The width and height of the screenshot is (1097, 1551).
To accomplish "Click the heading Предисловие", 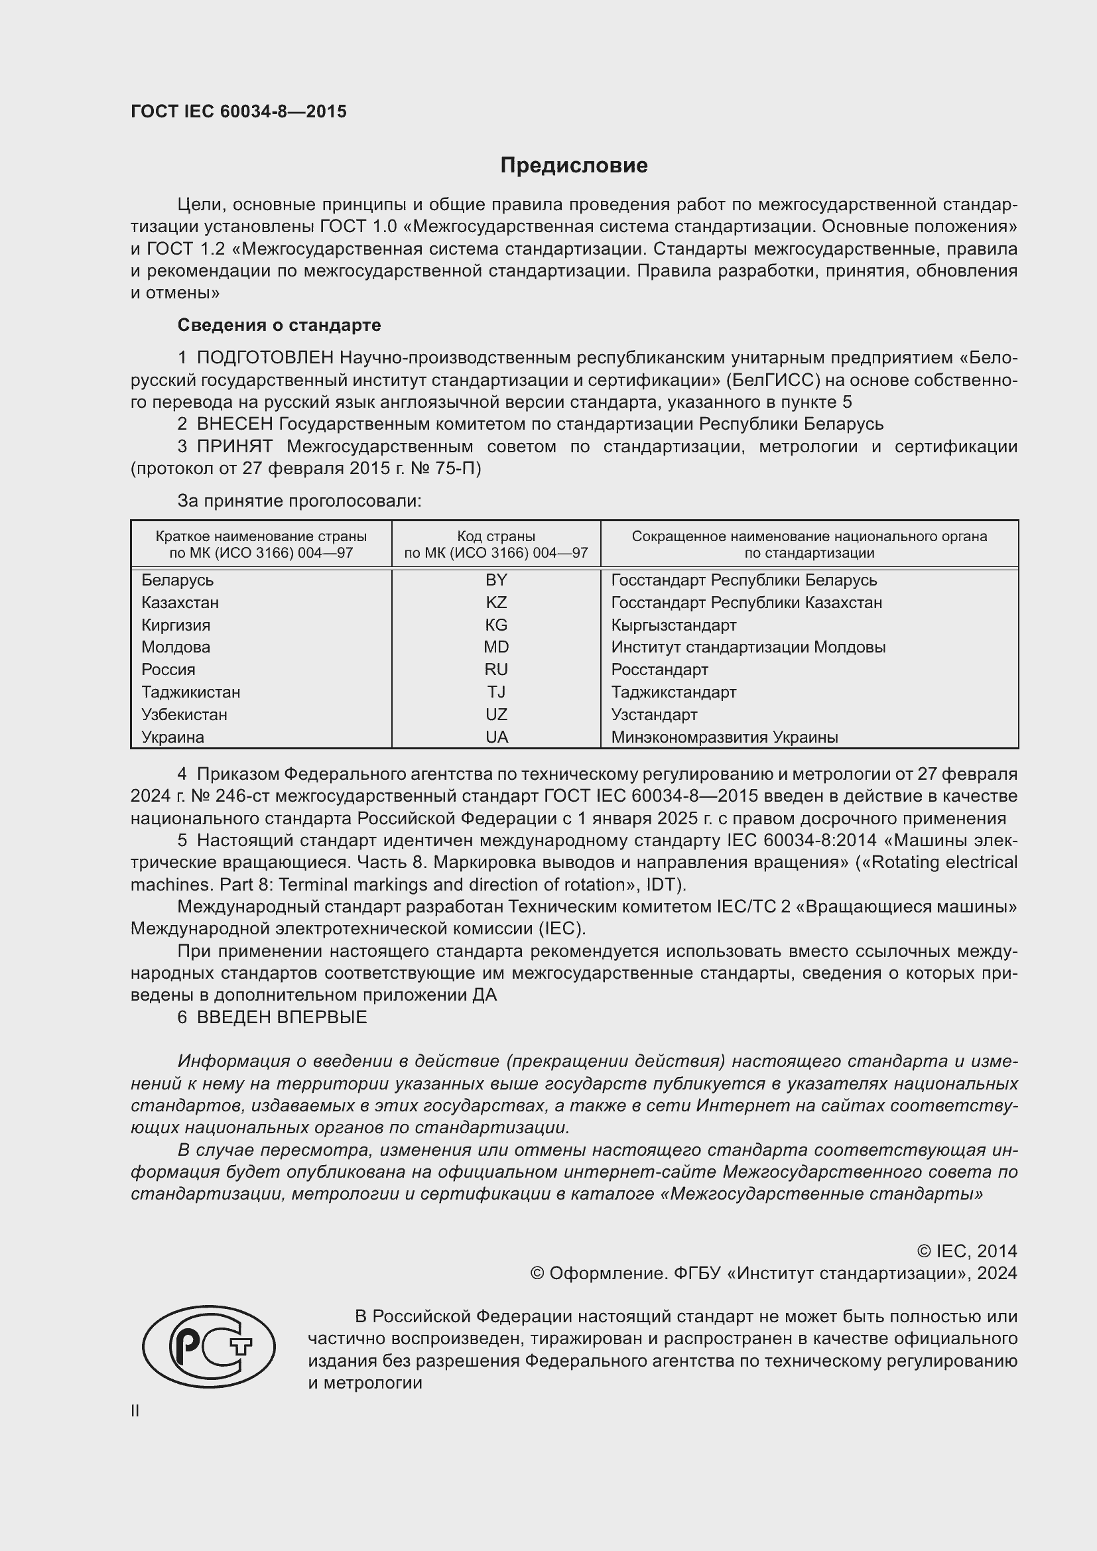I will [574, 166].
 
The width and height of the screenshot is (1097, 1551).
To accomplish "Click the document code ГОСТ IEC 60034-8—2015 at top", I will [239, 111].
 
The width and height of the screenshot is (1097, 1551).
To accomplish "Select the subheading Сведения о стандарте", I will [279, 325].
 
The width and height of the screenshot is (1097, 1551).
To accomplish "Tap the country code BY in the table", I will [496, 580].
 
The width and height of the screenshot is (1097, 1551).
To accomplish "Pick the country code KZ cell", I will [496, 602].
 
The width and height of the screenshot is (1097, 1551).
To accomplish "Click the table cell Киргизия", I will [176, 625].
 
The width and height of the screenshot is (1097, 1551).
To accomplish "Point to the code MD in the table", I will [496, 647].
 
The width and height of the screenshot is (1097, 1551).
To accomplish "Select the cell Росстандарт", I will [659, 670].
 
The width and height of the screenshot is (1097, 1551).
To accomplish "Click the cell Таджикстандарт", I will [673, 692].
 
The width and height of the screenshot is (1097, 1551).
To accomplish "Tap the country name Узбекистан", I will [184, 714].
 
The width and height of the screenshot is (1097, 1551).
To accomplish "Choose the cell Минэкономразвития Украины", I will [724, 737].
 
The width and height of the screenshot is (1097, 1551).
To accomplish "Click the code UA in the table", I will [496, 737].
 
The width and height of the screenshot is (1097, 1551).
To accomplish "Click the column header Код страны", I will [496, 536].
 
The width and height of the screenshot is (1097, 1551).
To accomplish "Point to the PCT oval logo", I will [209, 1346].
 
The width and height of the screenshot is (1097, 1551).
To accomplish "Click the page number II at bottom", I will [135, 1410].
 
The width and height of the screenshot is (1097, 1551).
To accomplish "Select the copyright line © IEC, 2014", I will [966, 1251].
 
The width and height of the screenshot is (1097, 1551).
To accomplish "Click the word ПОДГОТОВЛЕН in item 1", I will [265, 357].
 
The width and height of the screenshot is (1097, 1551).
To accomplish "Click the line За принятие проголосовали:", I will [299, 501].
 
